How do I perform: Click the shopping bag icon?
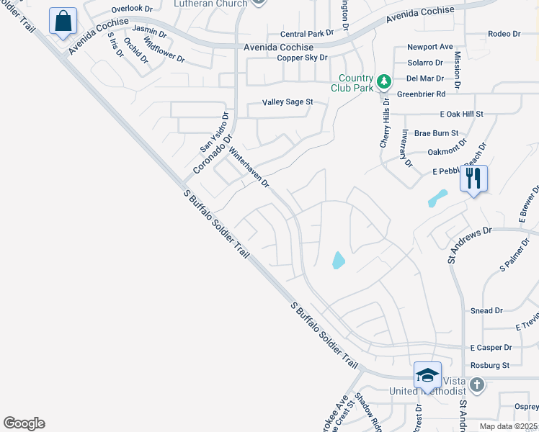point(63,21)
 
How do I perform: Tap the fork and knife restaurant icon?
point(473,178)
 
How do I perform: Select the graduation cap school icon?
point(427,376)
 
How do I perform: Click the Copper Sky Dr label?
point(303,58)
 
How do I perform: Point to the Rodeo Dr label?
point(504,34)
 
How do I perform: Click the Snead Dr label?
point(486,310)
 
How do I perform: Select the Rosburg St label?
point(490,366)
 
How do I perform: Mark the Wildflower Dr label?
point(164,53)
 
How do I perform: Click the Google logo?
point(24,423)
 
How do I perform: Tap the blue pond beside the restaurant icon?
point(437,198)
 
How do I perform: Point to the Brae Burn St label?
point(437,133)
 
